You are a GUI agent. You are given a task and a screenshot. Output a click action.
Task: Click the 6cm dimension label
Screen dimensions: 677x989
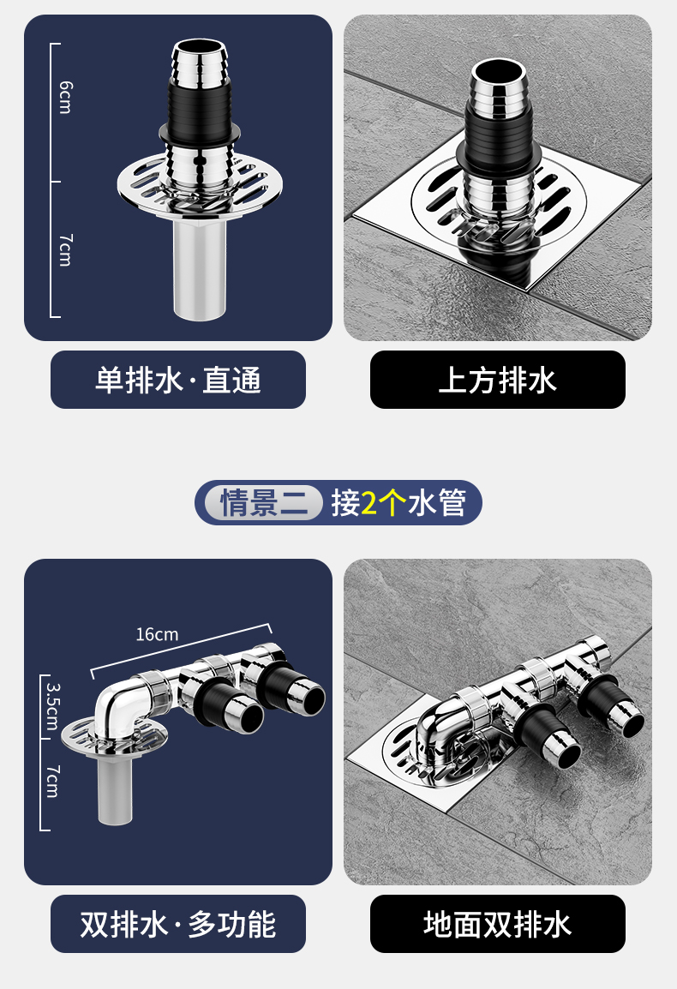pyautogui.click(x=65, y=97)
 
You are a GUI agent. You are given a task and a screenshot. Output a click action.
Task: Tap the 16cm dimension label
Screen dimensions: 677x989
pyautogui.click(x=157, y=634)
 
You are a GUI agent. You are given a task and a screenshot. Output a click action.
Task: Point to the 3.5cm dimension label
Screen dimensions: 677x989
pyautogui.click(x=53, y=706)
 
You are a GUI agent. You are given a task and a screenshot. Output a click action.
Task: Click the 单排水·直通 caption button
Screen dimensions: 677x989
pyautogui.click(x=178, y=380)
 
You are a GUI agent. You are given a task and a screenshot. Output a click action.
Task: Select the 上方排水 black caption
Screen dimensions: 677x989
pyautogui.click(x=498, y=380)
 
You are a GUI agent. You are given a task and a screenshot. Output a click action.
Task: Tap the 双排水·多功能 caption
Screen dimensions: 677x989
pyautogui.click(x=178, y=924)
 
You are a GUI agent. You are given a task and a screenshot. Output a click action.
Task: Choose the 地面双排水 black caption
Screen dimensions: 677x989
pyautogui.click(x=498, y=924)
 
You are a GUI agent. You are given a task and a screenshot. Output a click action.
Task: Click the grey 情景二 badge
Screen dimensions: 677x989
pyautogui.click(x=263, y=503)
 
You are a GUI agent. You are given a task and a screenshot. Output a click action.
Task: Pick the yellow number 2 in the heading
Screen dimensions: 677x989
pyautogui.click(x=369, y=503)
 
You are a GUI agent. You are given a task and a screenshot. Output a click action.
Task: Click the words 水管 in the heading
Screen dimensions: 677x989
pyautogui.click(x=436, y=503)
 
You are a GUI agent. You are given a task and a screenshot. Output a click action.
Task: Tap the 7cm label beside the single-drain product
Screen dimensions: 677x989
pyautogui.click(x=66, y=249)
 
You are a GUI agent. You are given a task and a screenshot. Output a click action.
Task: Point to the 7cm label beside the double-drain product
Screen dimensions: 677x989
pyautogui.click(x=53, y=782)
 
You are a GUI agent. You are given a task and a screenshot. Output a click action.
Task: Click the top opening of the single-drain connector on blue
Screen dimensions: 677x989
pyautogui.click(x=200, y=48)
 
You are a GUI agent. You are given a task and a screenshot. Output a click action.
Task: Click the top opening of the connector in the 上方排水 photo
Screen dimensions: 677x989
pyautogui.click(x=500, y=71)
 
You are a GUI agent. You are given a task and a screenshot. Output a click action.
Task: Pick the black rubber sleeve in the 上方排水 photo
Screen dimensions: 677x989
pyautogui.click(x=499, y=135)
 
